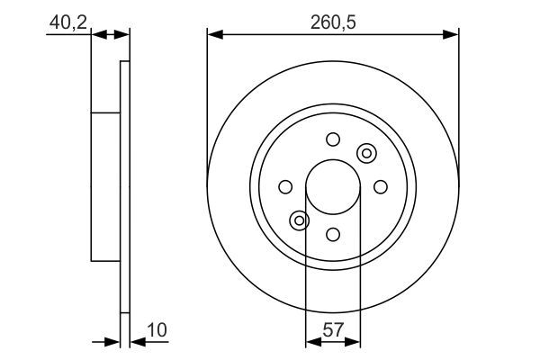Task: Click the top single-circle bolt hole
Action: tap(333, 139)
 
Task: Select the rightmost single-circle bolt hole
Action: tap(380, 186)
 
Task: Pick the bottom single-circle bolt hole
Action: tap(333, 235)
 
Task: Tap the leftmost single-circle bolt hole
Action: tap(285, 186)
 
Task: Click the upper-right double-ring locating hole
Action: tap(366, 153)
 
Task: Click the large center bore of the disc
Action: tap(333, 189)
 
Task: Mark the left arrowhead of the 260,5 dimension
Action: tap(213, 35)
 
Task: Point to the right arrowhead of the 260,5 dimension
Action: tap(452, 35)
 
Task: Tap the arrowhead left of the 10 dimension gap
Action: tap(114, 342)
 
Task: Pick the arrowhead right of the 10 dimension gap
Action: tap(136, 342)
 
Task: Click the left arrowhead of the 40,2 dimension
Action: tap(98, 35)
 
